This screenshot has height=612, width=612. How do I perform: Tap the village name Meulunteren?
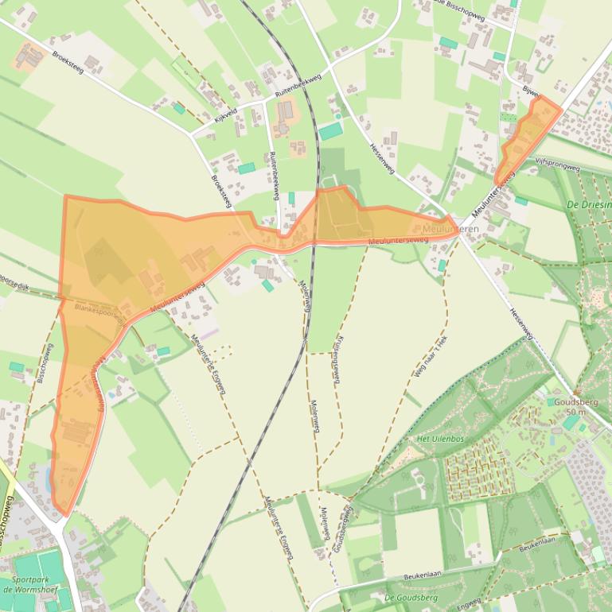pyautogui.click(x=451, y=229)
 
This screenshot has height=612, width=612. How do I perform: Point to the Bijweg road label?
pyautogui.click(x=532, y=93)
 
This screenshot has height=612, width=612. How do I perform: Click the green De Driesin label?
pyautogui.click(x=589, y=204)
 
